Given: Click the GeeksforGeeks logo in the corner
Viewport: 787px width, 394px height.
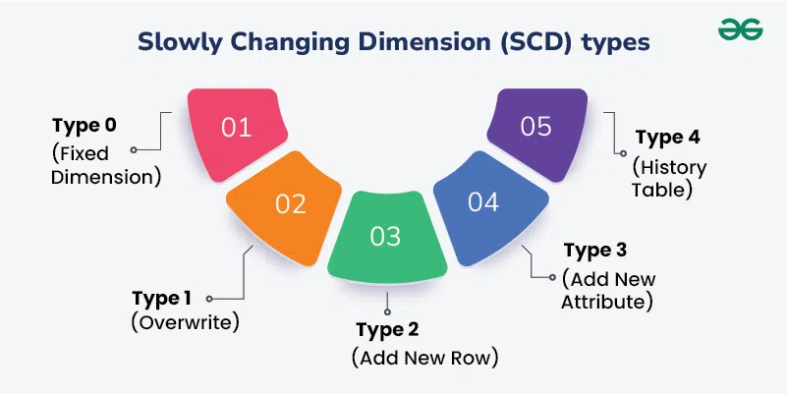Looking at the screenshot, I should [740, 30].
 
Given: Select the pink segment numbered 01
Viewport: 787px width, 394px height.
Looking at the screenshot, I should [236, 129].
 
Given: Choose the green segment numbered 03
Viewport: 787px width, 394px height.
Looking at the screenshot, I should [386, 237].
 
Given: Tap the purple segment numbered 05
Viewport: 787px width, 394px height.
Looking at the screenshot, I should [535, 128].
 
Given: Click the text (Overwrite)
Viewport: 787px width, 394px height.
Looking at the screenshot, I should [186, 322].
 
